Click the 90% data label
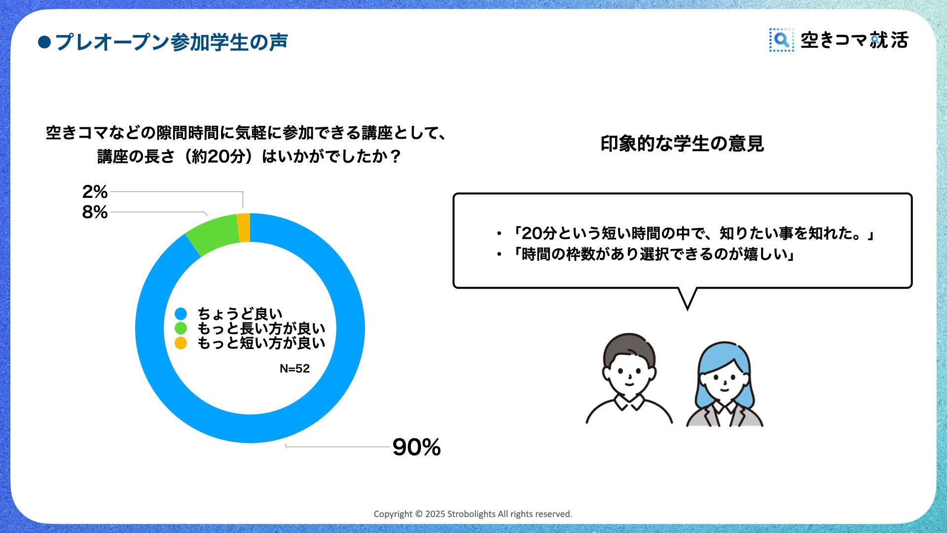point(416,447)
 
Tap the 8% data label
point(95,212)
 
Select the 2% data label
point(95,191)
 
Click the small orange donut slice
point(244,228)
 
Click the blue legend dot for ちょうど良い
point(181,314)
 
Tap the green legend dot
point(181,328)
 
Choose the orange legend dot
point(181,343)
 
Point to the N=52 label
point(294,369)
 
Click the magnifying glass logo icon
point(781,40)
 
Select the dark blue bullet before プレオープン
point(44,42)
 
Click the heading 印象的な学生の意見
point(682,144)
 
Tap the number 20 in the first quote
point(532,233)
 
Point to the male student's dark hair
point(629,348)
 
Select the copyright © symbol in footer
point(419,514)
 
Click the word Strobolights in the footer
point(471,514)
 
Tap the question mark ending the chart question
point(395,157)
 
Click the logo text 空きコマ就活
point(854,40)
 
